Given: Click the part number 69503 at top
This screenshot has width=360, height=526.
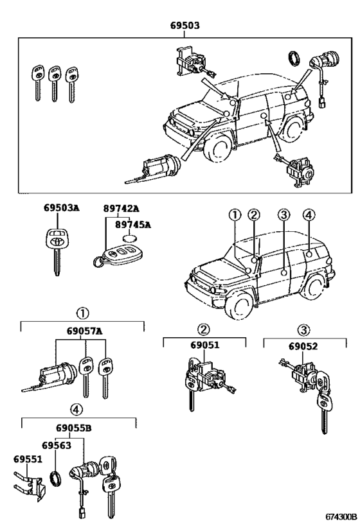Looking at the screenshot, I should (x=184, y=26).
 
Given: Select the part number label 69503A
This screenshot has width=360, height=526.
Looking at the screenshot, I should (x=62, y=208).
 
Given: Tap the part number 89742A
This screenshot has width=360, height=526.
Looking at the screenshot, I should (x=121, y=208).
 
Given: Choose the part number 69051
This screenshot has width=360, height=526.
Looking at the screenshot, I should (x=204, y=345).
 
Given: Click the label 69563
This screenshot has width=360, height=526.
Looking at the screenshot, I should (x=58, y=446).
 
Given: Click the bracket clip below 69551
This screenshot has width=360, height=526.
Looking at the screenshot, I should (x=30, y=486).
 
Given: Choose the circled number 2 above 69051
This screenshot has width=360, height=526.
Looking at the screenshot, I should (x=203, y=329).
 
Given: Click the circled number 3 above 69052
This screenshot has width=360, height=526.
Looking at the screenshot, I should (x=303, y=329).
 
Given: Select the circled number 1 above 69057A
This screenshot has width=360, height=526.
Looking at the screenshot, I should (x=82, y=313).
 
